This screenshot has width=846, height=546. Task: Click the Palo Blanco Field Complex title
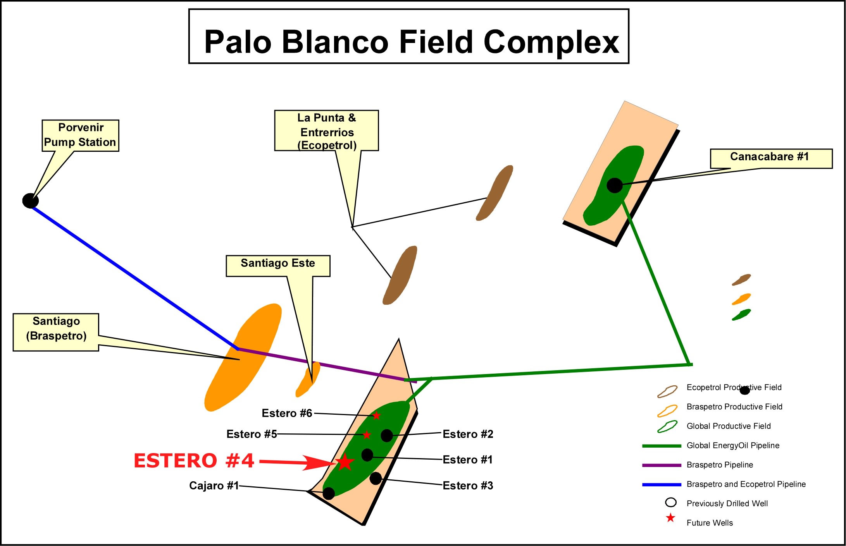(411, 41)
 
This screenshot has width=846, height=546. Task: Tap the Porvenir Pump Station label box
(80, 136)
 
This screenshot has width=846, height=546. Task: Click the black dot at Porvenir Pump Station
(30, 201)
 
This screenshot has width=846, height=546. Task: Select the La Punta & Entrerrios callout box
(326, 130)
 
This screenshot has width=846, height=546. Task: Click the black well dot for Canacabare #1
(614, 185)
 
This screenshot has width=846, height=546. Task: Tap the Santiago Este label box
(278, 266)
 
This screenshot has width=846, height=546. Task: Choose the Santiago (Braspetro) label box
(56, 332)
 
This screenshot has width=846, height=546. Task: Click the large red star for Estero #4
(345, 462)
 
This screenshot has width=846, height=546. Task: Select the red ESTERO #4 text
(194, 461)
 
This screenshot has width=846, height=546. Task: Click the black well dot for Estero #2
(386, 435)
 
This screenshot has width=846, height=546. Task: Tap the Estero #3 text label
(468, 486)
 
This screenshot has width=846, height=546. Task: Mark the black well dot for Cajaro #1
(329, 493)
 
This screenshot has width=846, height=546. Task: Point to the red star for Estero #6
(376, 416)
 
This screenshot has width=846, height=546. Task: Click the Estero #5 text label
(252, 434)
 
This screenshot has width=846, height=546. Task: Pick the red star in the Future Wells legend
(670, 518)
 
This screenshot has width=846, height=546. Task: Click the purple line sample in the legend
(662, 465)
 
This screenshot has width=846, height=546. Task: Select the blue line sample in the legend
(662, 484)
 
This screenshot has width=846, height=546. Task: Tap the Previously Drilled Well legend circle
(671, 503)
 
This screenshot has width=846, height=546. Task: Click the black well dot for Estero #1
(367, 455)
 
